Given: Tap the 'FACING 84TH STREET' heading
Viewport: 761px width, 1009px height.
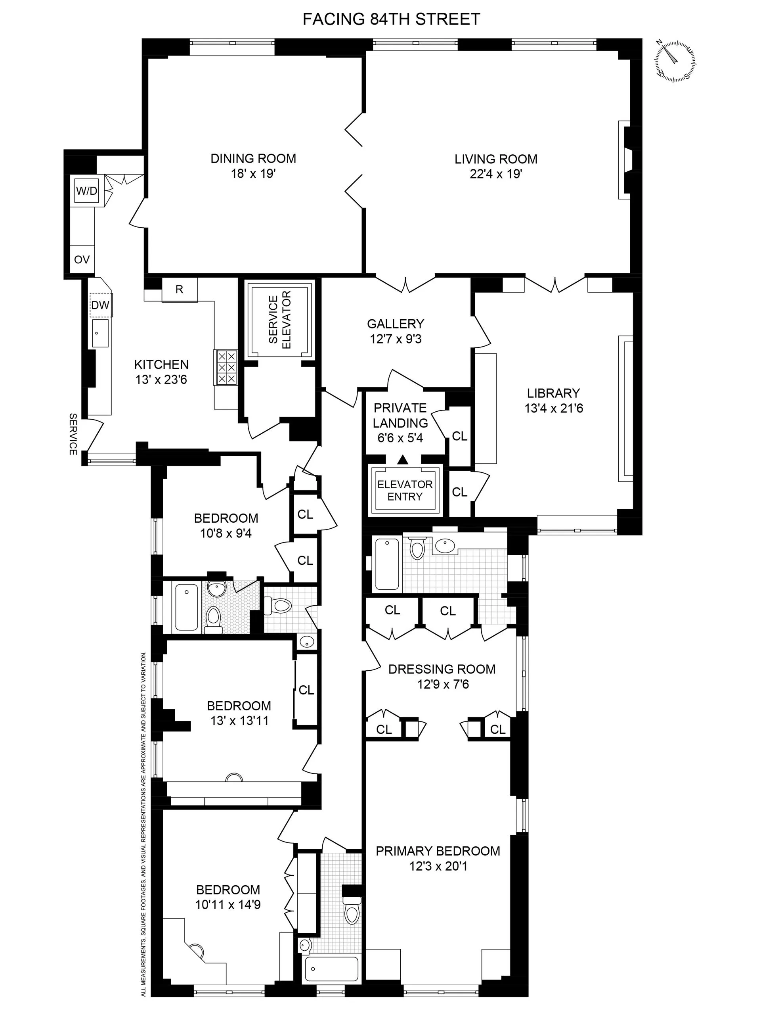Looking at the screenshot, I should [x=391, y=19].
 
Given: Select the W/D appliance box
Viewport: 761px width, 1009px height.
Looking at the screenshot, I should [x=87, y=191].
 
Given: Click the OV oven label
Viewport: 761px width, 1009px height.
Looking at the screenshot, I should [x=82, y=259].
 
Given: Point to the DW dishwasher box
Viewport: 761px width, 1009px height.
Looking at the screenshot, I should [x=100, y=305].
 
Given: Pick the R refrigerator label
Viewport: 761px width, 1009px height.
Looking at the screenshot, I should [x=180, y=290].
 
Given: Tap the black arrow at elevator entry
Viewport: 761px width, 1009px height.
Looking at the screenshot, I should [x=402, y=459].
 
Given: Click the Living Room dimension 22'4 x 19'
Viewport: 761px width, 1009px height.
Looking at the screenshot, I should [x=495, y=174].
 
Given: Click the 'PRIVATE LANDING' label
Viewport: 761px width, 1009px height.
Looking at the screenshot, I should [x=400, y=415].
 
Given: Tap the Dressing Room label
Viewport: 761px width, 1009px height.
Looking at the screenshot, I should [x=442, y=669].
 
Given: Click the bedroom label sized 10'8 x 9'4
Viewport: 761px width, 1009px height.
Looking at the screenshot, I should [x=226, y=518].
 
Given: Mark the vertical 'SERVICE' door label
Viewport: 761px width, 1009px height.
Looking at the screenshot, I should [x=73, y=434].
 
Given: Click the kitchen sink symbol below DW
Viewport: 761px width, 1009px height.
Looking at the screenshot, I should [x=100, y=334].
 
